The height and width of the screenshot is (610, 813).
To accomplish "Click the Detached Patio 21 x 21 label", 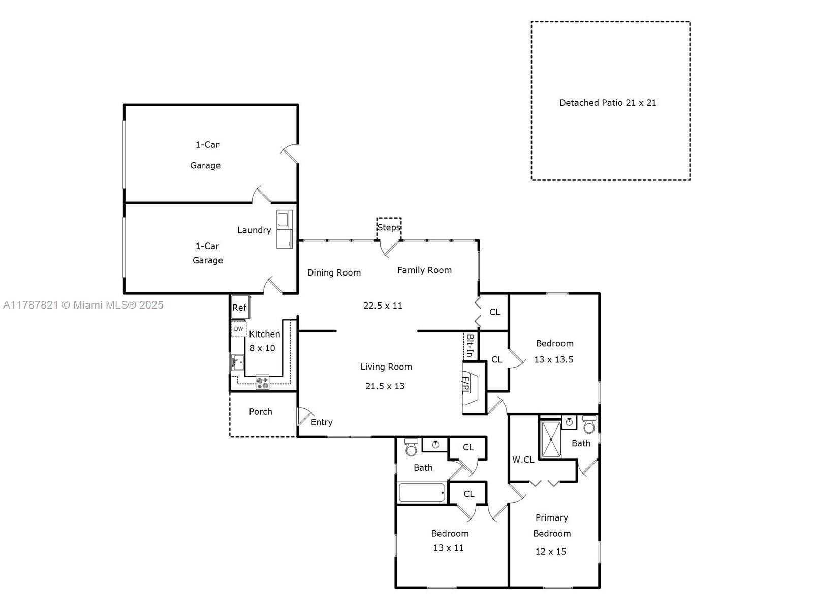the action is pyautogui.click(x=607, y=103).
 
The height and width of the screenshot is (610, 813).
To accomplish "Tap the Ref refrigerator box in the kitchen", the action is pyautogui.click(x=240, y=307).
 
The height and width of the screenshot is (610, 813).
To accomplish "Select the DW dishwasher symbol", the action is pyautogui.click(x=238, y=329).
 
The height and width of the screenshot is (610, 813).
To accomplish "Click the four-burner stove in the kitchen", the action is pyautogui.click(x=262, y=382).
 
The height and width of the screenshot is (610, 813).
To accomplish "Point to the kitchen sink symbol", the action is pyautogui.click(x=237, y=362).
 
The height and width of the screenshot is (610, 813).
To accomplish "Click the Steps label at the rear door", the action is pyautogui.click(x=389, y=227).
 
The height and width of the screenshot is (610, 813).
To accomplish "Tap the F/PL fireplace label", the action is pyautogui.click(x=465, y=384).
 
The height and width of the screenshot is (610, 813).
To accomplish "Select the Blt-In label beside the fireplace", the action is pyautogui.click(x=470, y=346).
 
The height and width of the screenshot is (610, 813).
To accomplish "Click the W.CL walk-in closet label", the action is pyautogui.click(x=523, y=460).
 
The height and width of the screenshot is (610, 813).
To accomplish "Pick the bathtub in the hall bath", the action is pyautogui.click(x=422, y=493).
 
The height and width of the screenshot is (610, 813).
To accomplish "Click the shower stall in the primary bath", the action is pyautogui.click(x=551, y=439).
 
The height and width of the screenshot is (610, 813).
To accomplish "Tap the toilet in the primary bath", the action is pyautogui.click(x=589, y=424).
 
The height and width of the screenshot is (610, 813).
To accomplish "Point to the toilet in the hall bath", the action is pyautogui.click(x=411, y=447).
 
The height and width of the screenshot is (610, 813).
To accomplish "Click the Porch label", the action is pyautogui.click(x=260, y=411).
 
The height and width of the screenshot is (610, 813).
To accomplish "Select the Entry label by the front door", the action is pyautogui.click(x=322, y=422).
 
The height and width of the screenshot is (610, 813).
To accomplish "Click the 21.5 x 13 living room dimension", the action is pyautogui.click(x=385, y=386).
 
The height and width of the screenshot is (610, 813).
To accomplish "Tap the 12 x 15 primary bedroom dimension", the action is pyautogui.click(x=551, y=552).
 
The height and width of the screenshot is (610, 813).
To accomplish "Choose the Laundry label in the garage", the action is pyautogui.click(x=254, y=230).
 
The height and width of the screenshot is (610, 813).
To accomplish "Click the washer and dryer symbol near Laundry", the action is pyautogui.click(x=285, y=229).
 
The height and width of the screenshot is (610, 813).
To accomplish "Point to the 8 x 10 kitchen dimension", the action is pyautogui.click(x=262, y=348).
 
